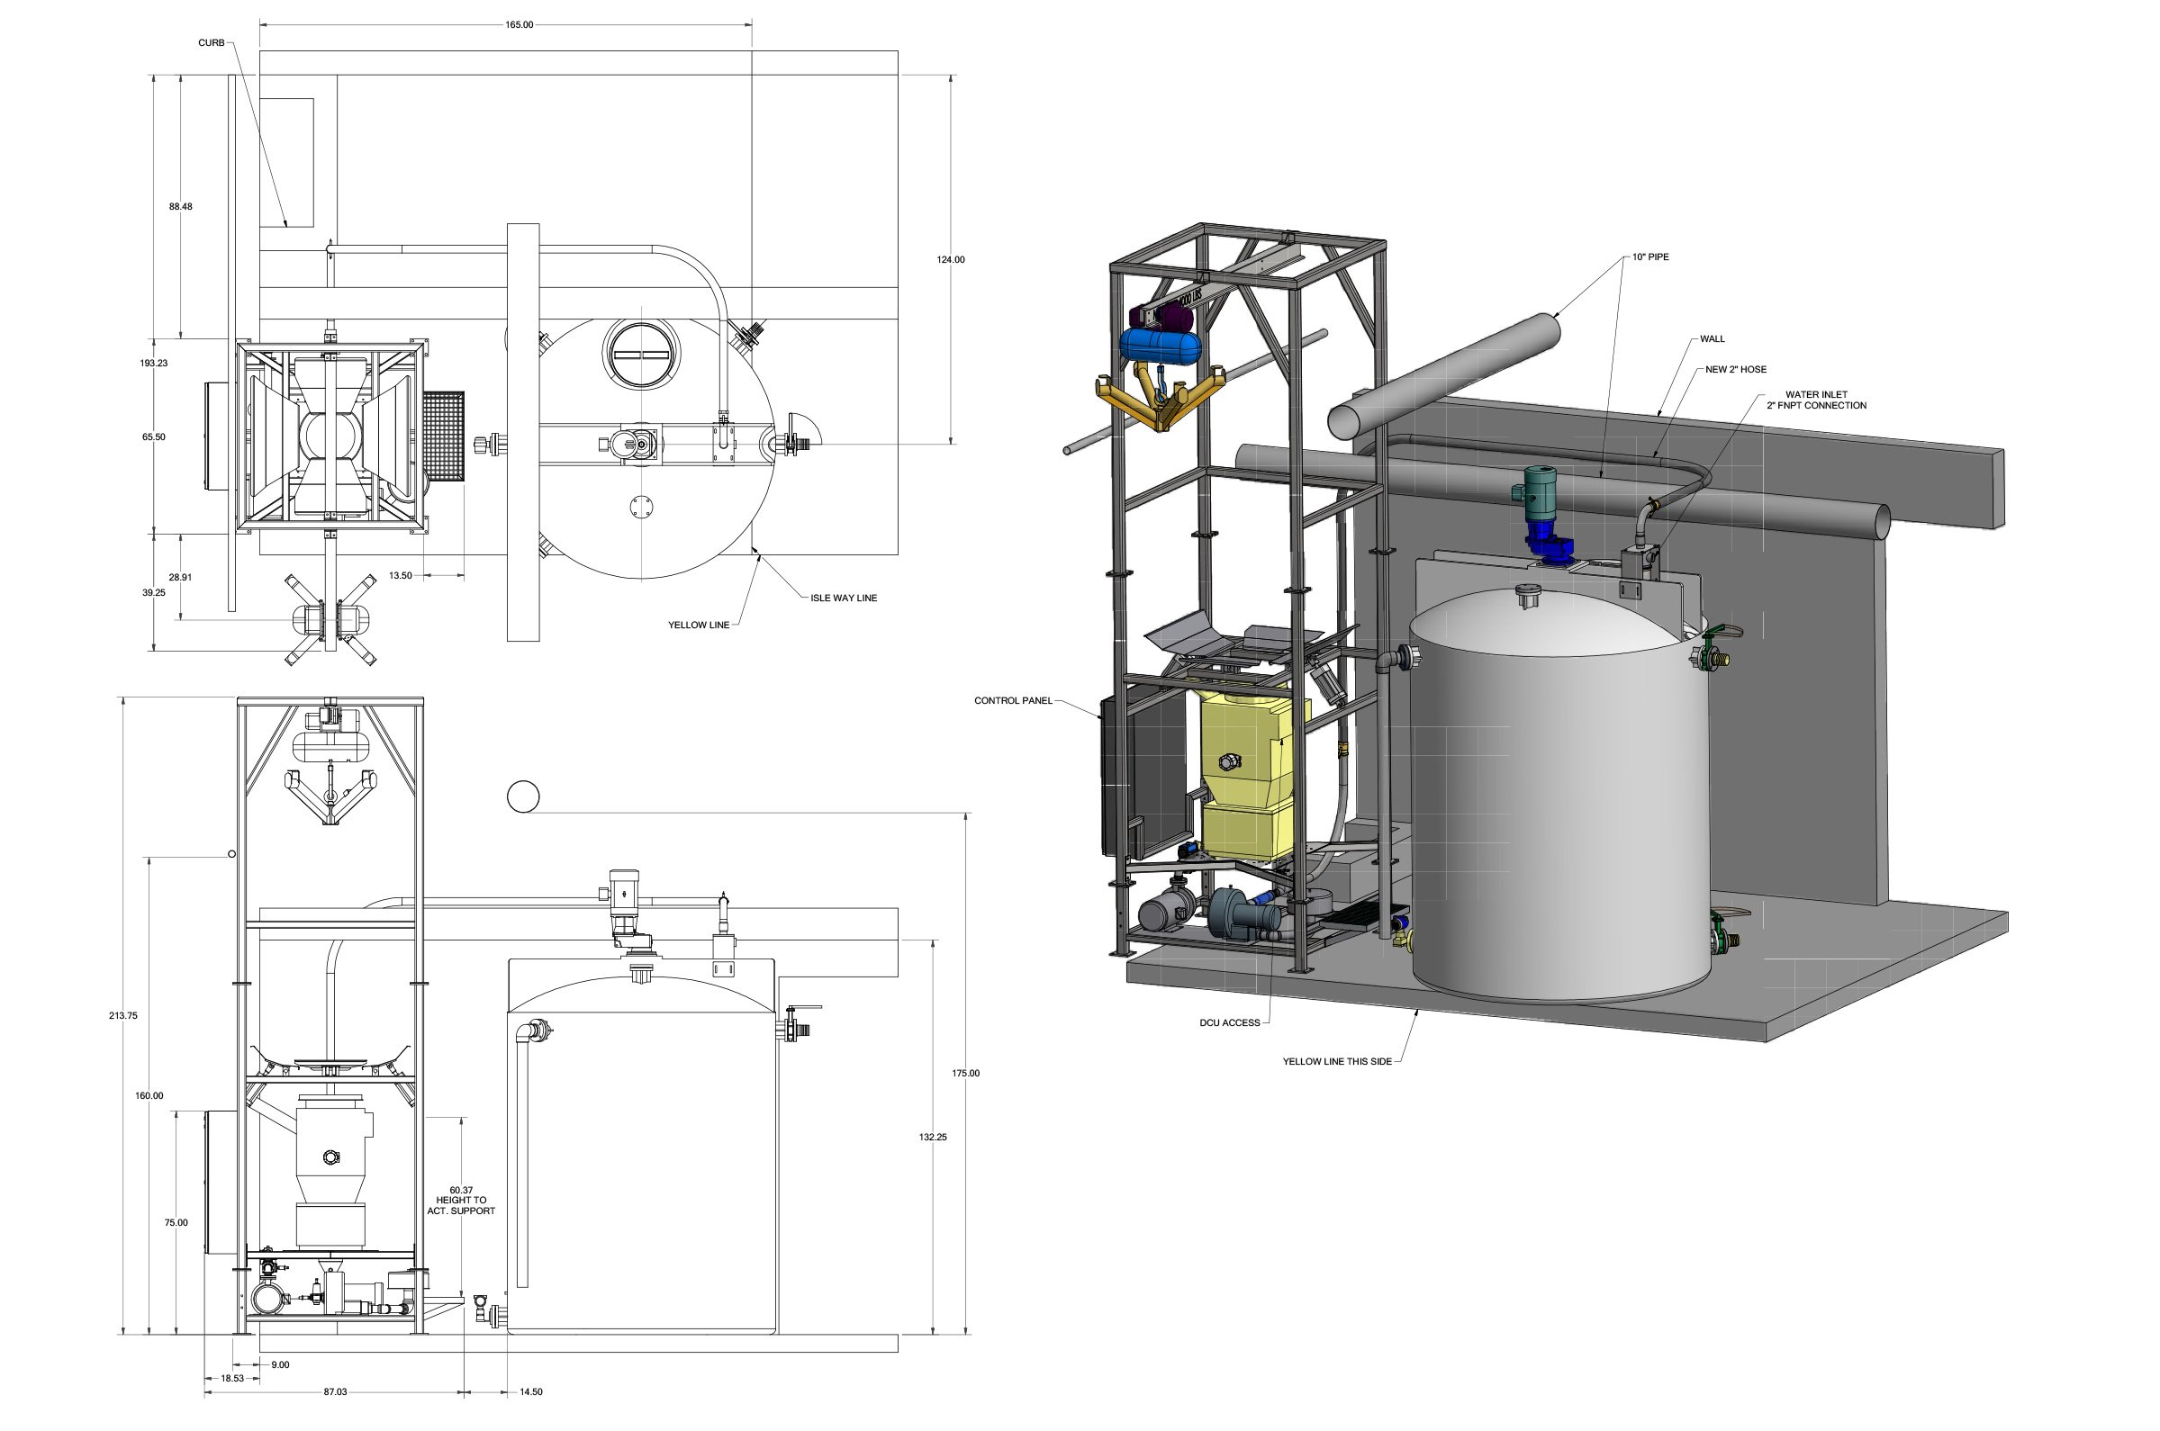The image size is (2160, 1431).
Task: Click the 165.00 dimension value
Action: pos(519,24)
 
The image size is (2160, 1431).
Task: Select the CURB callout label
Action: pos(211,43)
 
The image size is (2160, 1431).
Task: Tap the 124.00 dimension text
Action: pos(951,260)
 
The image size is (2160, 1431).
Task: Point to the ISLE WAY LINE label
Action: pos(843,598)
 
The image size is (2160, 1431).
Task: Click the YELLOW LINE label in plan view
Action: pos(699,625)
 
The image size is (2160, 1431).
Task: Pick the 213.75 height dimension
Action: pos(123,1015)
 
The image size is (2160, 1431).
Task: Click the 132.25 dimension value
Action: pos(933,1137)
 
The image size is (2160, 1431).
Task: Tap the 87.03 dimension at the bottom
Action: pos(335,1391)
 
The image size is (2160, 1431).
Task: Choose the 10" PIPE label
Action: pos(1650,257)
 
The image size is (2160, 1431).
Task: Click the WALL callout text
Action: pos(1712,338)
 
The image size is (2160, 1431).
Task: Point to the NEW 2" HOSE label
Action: pos(1736,370)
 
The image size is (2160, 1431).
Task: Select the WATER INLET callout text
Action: pos(1816,400)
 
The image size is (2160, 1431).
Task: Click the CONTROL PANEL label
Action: pos(1012,701)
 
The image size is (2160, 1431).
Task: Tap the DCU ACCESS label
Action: pos(1229,1023)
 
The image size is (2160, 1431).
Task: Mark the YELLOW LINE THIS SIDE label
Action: pos(1336,1061)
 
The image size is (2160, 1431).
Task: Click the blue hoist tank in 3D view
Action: pos(1160,346)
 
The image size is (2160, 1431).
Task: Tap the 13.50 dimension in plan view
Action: pos(400,576)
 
